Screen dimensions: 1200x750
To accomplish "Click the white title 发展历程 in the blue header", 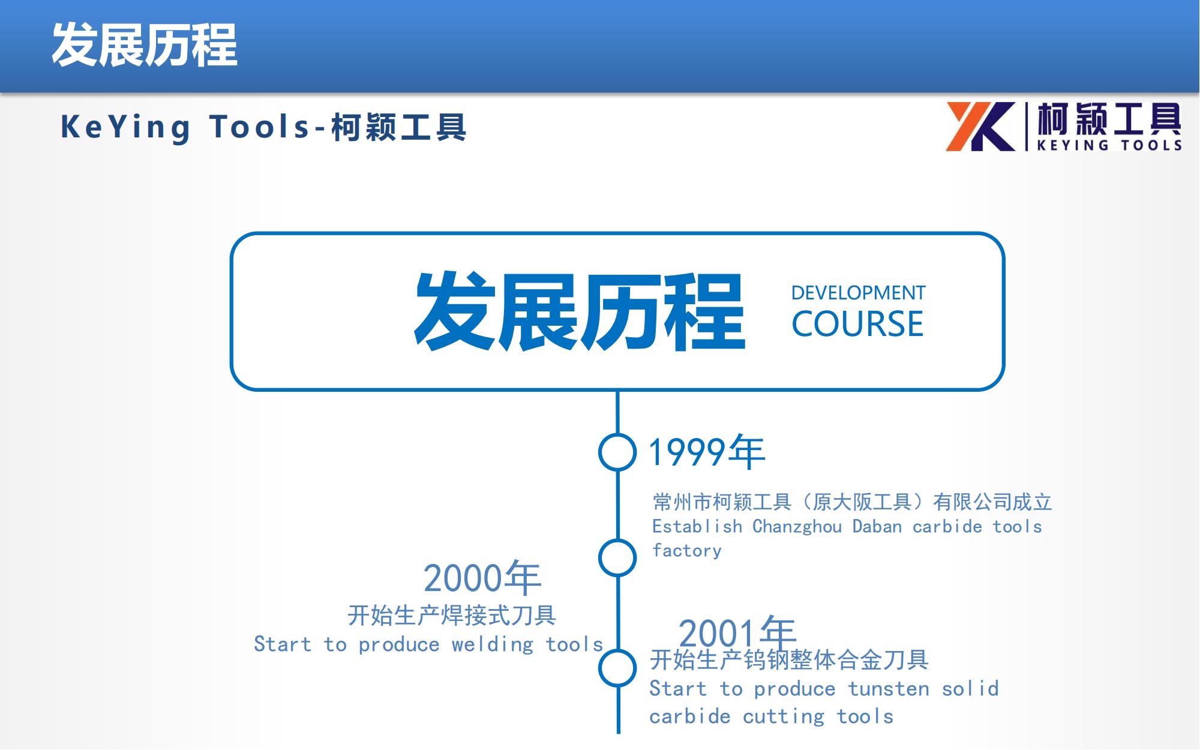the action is click(145, 45).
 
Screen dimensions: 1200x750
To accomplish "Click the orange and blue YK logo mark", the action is click(981, 127).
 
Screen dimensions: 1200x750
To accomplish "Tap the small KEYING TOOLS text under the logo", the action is click(1109, 145).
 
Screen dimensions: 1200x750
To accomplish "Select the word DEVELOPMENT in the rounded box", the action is click(858, 293).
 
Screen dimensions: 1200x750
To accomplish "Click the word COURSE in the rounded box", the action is click(857, 324).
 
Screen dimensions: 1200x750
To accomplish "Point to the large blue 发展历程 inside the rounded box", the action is click(580, 311).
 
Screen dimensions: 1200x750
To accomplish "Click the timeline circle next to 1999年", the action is click(617, 452).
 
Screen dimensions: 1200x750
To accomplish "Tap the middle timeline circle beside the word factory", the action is click(617, 558).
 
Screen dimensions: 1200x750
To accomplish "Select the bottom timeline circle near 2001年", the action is click(617, 668).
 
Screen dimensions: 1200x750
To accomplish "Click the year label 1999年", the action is click(707, 452).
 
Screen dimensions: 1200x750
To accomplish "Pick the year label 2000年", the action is click(482, 578).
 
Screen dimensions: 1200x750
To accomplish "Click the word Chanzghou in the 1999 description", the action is click(797, 527).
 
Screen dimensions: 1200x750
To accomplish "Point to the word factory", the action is click(687, 550).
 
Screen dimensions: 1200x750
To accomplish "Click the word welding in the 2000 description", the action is click(493, 644).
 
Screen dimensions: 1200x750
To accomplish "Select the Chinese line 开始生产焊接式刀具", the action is click(452, 615).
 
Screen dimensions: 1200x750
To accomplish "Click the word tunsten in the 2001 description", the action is click(889, 689).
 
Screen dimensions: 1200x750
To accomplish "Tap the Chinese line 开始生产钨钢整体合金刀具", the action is click(789, 660).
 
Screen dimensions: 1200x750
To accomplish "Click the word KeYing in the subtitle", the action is click(125, 128).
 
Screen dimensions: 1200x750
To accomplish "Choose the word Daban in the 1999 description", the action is click(877, 526).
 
